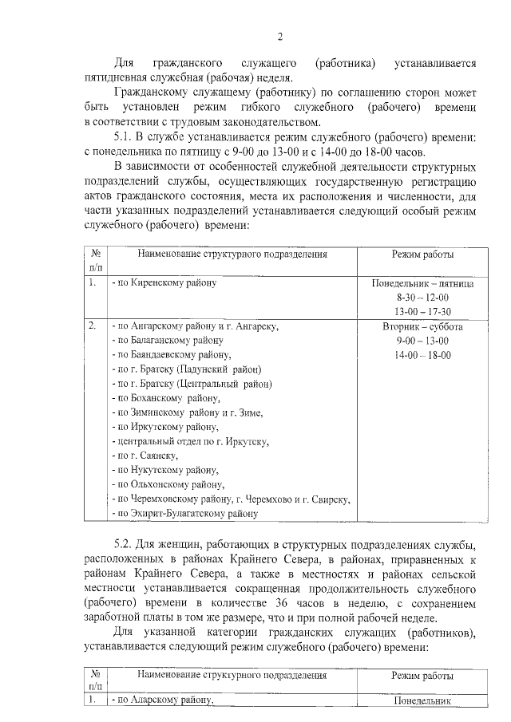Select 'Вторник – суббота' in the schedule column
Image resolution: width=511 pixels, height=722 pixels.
(x=422, y=326)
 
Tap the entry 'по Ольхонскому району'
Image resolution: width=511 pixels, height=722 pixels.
(x=168, y=484)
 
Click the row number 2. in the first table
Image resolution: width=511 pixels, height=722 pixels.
(x=93, y=326)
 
